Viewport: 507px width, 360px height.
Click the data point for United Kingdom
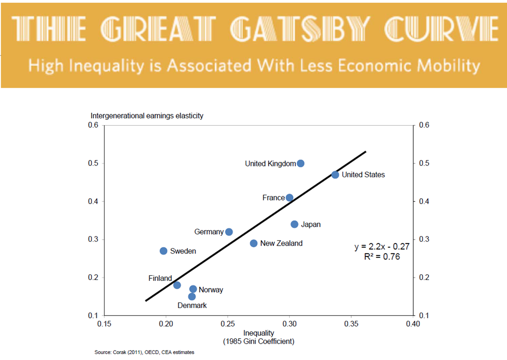tap(301, 163)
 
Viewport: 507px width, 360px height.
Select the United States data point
tap(335, 175)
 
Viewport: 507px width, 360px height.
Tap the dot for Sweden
tap(163, 251)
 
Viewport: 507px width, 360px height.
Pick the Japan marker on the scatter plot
tap(295, 224)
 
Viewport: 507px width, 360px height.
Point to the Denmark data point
tap(192, 297)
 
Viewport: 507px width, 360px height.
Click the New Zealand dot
tap(253, 243)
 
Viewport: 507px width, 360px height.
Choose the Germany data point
tap(229, 232)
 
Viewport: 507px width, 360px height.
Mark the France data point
tap(290, 198)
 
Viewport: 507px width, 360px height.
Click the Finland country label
tap(160, 278)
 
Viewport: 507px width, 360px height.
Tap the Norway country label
tap(211, 290)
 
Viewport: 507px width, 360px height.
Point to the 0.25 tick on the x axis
tap(227, 324)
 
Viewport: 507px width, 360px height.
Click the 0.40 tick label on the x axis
tap(412, 324)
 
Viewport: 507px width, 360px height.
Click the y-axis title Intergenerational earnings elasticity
tap(147, 116)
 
